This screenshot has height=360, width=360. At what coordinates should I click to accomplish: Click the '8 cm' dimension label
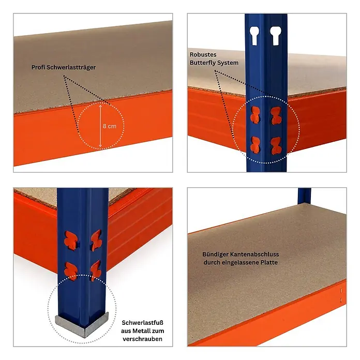(x=110, y=126)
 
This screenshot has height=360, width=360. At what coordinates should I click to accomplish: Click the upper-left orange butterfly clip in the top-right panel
(x=256, y=114)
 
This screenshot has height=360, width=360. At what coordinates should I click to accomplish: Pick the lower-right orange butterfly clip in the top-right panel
(x=276, y=146)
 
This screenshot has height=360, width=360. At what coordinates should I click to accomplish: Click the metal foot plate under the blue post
(x=82, y=324)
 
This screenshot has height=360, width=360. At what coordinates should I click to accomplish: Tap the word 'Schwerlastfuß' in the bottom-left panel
(x=142, y=323)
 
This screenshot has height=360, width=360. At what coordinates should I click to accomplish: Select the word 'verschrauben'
(x=142, y=339)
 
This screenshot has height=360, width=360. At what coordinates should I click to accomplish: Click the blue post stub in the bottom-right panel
(x=304, y=196)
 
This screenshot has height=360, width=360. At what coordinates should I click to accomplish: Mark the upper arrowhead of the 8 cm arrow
(x=100, y=107)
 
